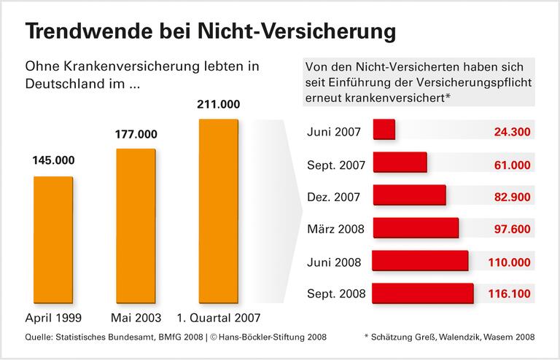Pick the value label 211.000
click(219, 103)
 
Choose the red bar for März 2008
click(416, 229)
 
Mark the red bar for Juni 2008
click(420, 261)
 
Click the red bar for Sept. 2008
click(423, 294)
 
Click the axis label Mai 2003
click(136, 318)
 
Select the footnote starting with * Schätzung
click(448, 337)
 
